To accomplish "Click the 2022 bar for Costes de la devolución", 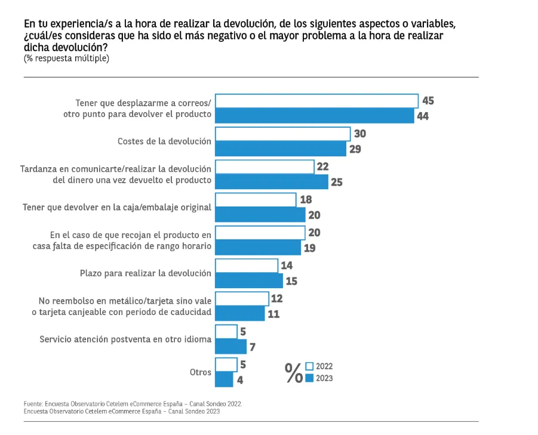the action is (282, 134).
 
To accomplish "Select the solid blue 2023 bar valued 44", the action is (315, 116).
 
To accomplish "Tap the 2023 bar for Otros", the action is (224, 380).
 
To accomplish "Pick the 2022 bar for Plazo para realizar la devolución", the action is (247, 266).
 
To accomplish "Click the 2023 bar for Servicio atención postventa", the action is (230, 347).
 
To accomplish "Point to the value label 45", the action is (428, 101).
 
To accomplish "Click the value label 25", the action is (337, 182).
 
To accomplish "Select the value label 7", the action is (253, 347).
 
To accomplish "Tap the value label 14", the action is (287, 266).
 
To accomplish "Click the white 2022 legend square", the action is (309, 366).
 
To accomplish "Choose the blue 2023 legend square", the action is (309, 378).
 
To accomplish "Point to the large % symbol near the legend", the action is (294, 372).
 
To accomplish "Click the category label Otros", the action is (201, 372).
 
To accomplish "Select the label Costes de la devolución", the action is (164, 141).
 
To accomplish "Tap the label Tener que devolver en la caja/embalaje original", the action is (117, 208).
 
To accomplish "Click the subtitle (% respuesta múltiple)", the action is (66, 58).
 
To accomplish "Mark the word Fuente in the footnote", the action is (33, 404).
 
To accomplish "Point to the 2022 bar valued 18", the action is (256, 200).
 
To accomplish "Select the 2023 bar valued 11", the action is (240, 313).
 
